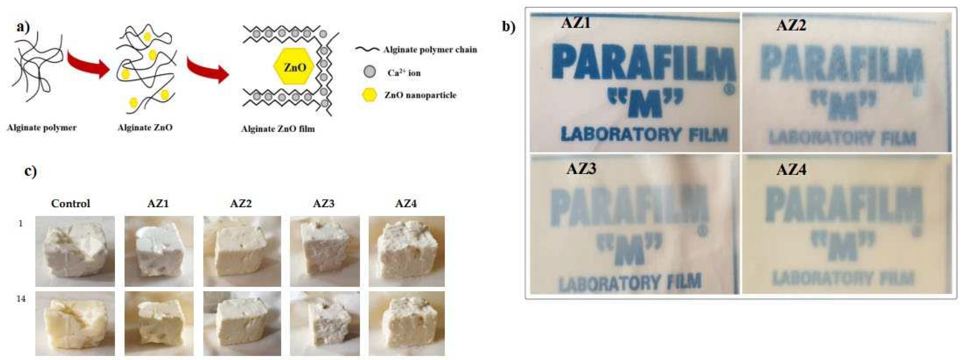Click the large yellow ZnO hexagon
pos(294,67)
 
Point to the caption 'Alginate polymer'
pos(42,128)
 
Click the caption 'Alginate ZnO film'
pos(278,129)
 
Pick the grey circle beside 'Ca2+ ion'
pos(370,72)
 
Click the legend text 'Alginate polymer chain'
pos(430,50)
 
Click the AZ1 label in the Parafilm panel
pos(575,23)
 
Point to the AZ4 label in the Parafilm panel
pos(791,170)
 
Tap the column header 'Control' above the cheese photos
pos(71,204)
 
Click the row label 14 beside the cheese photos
pos(21,299)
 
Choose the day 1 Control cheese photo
pos(75,251)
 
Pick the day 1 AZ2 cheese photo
pos(242,251)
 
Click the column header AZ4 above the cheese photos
pos(406,204)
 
